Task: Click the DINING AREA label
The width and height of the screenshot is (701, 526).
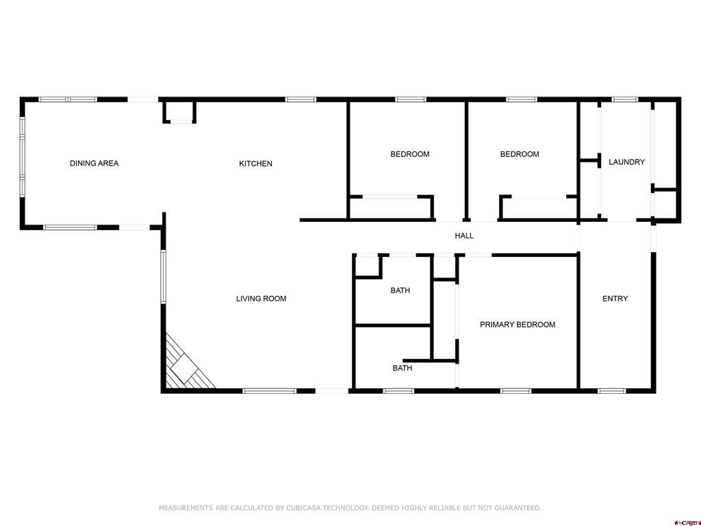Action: point(94,163)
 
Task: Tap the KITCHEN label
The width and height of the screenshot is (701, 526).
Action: point(256,164)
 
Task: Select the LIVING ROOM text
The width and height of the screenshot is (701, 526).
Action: point(261,299)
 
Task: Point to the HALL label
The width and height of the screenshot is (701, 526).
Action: point(464,236)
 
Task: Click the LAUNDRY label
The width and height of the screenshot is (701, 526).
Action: point(627,162)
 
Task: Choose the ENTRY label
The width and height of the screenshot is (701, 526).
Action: point(615,299)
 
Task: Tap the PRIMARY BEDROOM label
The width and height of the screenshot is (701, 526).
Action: point(518,324)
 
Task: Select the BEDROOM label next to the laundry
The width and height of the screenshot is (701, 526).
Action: point(520,154)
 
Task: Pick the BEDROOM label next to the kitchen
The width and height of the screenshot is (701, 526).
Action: point(410,154)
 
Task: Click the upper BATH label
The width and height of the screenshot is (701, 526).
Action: point(400,290)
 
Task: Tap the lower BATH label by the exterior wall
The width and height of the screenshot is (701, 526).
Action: point(403,368)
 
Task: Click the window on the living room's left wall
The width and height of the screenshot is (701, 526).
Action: point(163,277)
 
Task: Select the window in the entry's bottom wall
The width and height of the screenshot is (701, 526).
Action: point(611,391)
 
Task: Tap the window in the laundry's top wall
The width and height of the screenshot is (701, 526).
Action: point(624,99)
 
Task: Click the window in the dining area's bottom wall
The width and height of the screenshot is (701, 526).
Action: point(70,227)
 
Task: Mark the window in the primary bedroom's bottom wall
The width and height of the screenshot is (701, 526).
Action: point(515,391)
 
